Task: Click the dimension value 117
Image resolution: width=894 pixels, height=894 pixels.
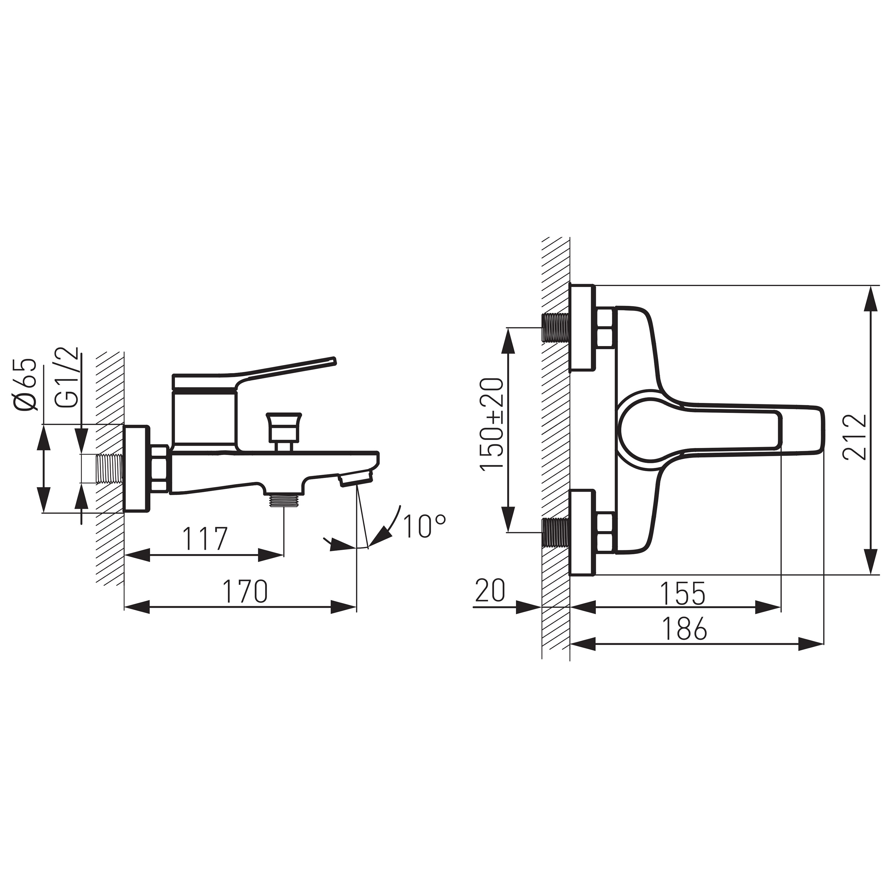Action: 205,538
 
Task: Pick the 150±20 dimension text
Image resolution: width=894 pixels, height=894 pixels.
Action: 491,424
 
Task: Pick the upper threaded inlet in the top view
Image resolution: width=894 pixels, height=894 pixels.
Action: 555,327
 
